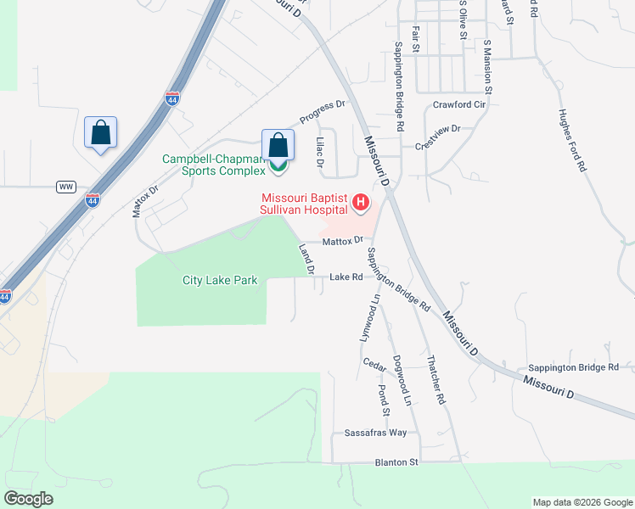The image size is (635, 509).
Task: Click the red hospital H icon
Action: pyautogui.click(x=361, y=202)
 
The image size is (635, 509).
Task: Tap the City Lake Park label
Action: pyautogui.click(x=219, y=280)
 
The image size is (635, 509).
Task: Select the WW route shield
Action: pyautogui.click(x=66, y=186)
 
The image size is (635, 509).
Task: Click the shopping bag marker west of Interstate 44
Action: pyautogui.click(x=100, y=133)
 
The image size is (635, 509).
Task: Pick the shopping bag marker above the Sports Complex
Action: pyautogui.click(x=278, y=146)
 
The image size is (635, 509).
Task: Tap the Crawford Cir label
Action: pyautogui.click(x=458, y=104)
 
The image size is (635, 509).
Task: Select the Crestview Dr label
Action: pyautogui.click(x=437, y=136)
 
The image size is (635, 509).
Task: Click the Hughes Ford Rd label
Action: pyautogui.click(x=573, y=141)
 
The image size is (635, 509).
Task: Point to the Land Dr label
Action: pyautogui.click(x=306, y=260)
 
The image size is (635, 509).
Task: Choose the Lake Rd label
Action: pyautogui.click(x=346, y=277)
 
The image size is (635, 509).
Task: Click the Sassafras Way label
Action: pyautogui.click(x=376, y=433)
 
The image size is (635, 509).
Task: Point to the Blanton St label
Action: pyautogui.click(x=397, y=462)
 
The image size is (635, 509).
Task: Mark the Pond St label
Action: pyautogui.click(x=383, y=400)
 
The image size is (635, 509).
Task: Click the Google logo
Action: pyautogui.click(x=29, y=499)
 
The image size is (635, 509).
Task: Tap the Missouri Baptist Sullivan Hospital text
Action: pyautogui.click(x=304, y=204)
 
